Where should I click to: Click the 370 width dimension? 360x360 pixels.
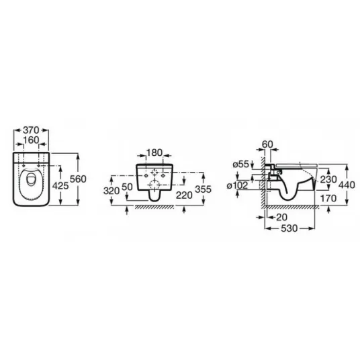(x=31, y=130)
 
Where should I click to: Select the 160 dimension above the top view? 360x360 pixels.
(x=31, y=140)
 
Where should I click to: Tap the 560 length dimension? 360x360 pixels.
(x=78, y=179)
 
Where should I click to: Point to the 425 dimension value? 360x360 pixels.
(x=60, y=186)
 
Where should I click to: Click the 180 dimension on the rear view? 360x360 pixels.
(x=154, y=152)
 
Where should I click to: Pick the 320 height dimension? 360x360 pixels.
(x=111, y=191)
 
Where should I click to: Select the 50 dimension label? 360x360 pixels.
(x=127, y=187)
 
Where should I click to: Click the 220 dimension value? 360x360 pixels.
(x=184, y=195)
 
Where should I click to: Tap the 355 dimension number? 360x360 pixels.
(x=203, y=189)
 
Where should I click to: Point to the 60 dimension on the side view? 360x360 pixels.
(x=267, y=144)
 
